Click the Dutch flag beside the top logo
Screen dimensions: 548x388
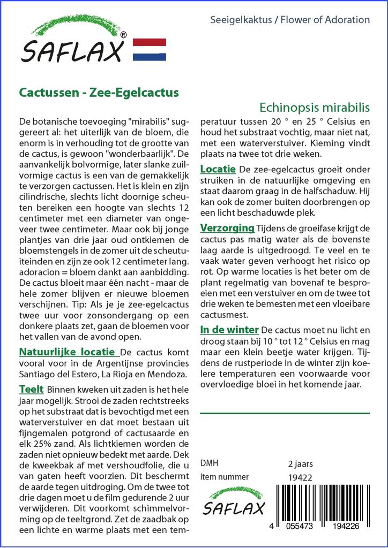tap(149, 49)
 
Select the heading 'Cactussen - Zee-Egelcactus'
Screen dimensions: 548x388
tap(99, 92)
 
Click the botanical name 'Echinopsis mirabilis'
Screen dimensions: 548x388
tap(315, 106)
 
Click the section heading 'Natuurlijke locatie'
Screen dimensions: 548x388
tap(68, 352)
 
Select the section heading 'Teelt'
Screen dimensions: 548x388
tap(32, 389)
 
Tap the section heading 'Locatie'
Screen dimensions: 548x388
tap(218, 169)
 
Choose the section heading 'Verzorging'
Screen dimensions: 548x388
tap(227, 229)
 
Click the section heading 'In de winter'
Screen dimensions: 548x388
tap(229, 329)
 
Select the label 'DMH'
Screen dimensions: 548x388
tap(209, 463)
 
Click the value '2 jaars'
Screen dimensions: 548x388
tap(301, 463)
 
